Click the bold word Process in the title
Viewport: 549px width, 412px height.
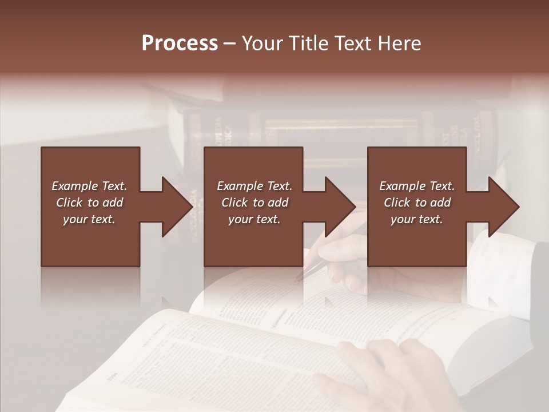(180, 43)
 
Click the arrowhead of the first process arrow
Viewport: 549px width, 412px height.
(177, 207)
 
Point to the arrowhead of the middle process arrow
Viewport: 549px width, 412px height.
(340, 207)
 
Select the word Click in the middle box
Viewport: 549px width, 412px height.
(234, 203)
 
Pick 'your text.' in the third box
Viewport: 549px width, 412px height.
(416, 219)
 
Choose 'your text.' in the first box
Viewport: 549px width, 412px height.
(89, 219)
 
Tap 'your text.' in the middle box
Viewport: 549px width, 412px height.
(254, 219)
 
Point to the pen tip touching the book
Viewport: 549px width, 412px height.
(298, 279)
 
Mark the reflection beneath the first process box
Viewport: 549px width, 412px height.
(90, 286)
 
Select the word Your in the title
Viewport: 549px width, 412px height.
(262, 43)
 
